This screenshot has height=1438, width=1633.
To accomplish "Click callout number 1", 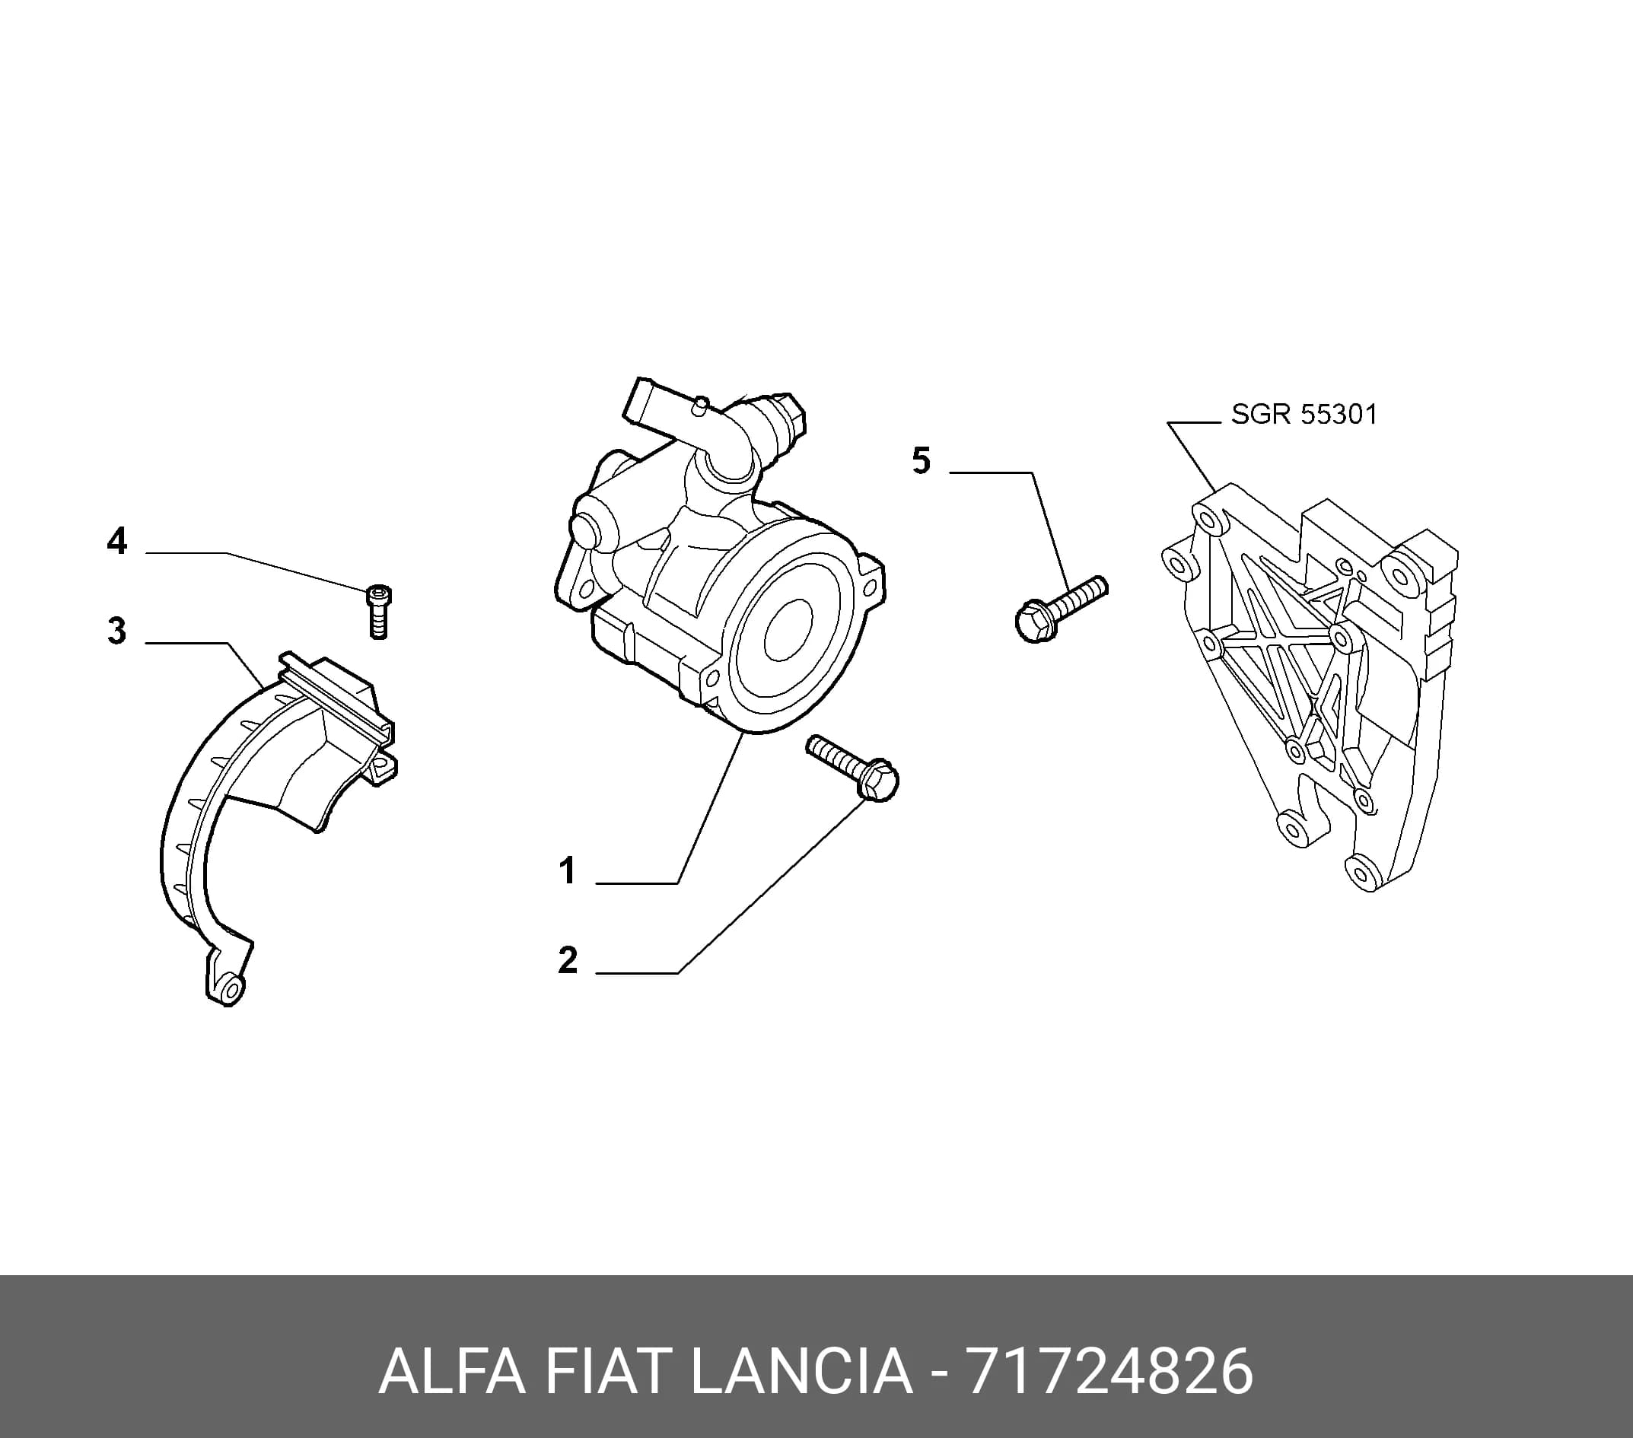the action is pyautogui.click(x=567, y=870).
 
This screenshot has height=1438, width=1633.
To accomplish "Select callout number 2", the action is pyautogui.click(x=567, y=960).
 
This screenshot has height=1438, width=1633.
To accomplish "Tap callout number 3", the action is pyautogui.click(x=116, y=630).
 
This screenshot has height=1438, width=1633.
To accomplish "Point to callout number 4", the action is pyautogui.click(x=116, y=542).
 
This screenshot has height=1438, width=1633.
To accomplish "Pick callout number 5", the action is pyautogui.click(x=922, y=461).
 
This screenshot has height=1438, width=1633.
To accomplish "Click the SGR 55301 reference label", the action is pyautogui.click(x=1304, y=414).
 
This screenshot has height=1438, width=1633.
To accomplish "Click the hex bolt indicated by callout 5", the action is pyautogui.click(x=1061, y=609).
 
